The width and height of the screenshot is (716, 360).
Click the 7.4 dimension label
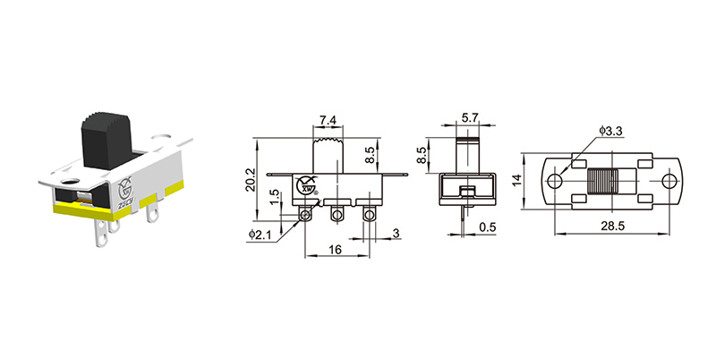pos(328,120)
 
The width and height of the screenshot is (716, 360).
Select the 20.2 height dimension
pos(251,180)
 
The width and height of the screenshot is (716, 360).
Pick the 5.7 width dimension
pos(469,117)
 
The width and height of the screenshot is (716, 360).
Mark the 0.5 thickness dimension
pos(488,227)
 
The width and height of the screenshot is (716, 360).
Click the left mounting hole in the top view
pos(554,181)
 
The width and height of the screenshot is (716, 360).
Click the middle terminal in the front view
pos(337,215)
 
